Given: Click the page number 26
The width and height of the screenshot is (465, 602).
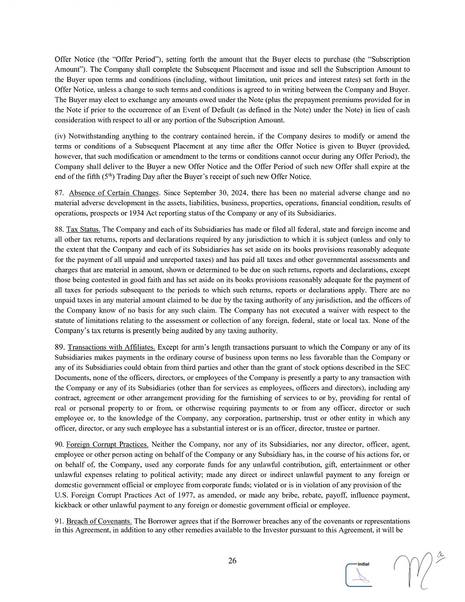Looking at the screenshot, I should coord(232,561).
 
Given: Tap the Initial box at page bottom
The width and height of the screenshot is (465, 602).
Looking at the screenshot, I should coord(359,574).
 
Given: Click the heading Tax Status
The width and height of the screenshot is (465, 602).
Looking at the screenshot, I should coord(83,229).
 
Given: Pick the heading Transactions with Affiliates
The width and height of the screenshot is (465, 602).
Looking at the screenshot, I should coord(111,347).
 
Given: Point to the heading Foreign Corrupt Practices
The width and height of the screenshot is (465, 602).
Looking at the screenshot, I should coord(107,444).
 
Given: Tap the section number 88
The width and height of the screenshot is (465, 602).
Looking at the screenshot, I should coord(59,229).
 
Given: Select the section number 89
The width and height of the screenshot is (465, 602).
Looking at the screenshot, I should coord(59,347).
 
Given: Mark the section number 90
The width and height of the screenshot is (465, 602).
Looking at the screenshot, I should coord(59,444).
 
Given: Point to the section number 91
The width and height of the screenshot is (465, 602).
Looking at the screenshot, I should coord(59,521).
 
